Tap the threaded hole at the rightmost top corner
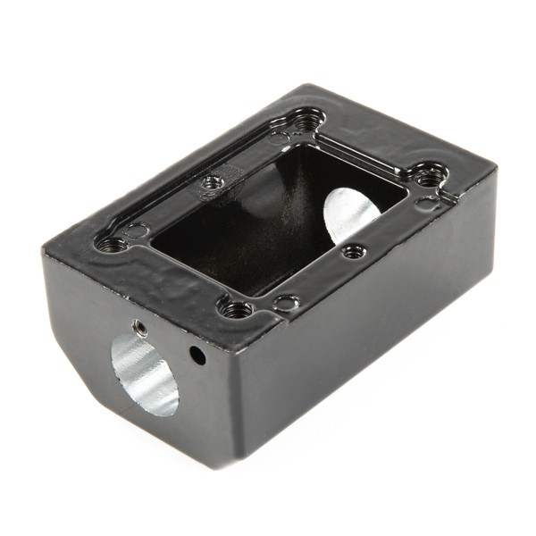[430, 176]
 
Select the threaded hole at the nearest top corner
[236, 309]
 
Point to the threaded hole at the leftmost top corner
[110, 241]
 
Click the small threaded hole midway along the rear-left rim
[212, 181]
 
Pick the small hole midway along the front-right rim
[355, 251]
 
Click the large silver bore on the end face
[146, 374]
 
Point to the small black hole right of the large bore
[197, 355]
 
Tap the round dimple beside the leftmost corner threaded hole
[136, 230]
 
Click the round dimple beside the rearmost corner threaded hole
[279, 138]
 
